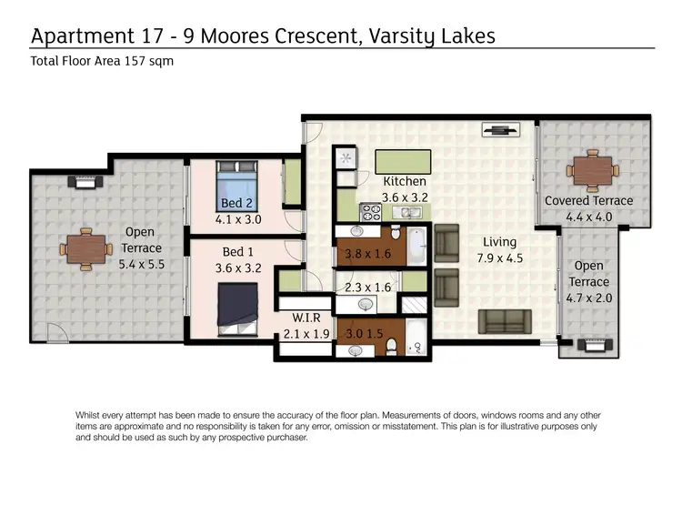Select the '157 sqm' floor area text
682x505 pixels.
click(x=148, y=62)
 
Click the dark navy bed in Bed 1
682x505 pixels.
click(x=237, y=301)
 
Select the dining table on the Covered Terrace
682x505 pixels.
click(x=592, y=170)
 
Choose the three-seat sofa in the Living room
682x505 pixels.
click(x=506, y=320)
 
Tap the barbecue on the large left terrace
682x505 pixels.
click(x=85, y=182)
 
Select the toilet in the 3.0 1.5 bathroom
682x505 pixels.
click(x=392, y=345)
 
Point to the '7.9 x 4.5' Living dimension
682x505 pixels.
click(x=500, y=258)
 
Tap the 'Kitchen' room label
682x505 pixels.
click(x=404, y=181)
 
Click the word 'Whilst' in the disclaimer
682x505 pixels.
click(x=91, y=415)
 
